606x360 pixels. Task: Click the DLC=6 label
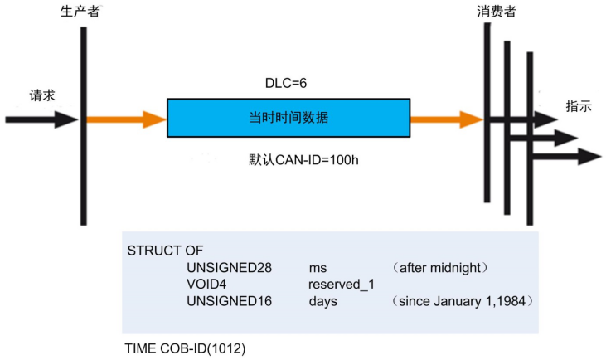coord(288,84)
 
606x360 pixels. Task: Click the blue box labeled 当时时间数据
coord(288,118)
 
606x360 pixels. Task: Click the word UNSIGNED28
coord(223,268)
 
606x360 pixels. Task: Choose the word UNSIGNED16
coord(223,301)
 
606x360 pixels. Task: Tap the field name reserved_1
coord(336,285)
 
